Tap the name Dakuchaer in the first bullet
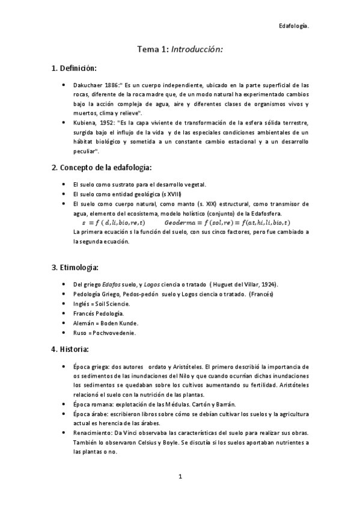[88, 85]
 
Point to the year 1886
[115, 85]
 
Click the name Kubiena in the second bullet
[85, 122]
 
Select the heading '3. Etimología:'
[75, 266]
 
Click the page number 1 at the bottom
[180, 477]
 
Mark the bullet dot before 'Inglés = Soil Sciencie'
[64, 304]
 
